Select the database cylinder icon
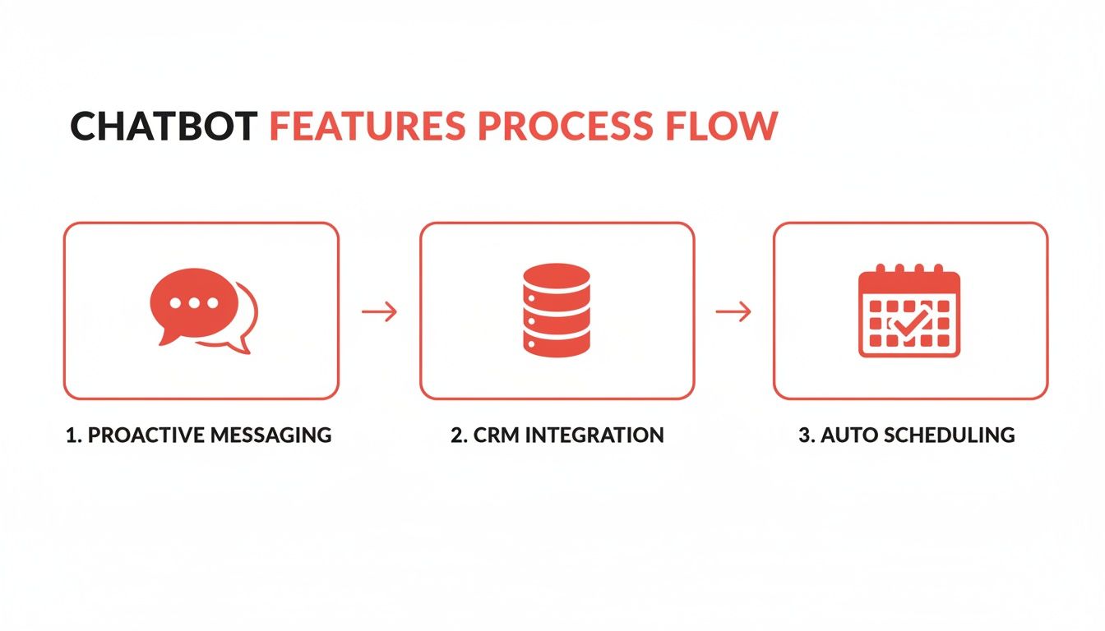coord(557,311)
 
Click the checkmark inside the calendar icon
coord(910,323)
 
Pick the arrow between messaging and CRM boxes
coord(379,311)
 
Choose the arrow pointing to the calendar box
coord(733,311)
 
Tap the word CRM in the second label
coord(496,435)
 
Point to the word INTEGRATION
coord(594,435)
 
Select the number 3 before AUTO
coord(804,435)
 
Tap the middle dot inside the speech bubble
coord(194,302)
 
